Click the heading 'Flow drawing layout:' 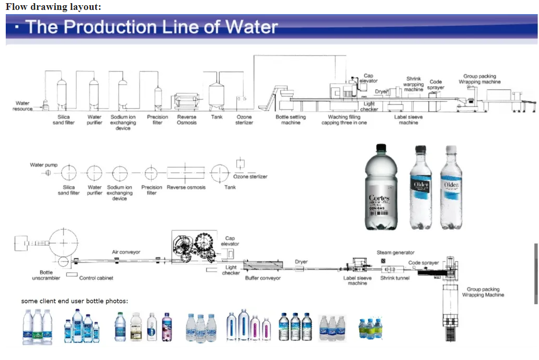click(x=53, y=6)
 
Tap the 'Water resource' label click(x=22, y=106)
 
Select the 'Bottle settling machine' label click(x=291, y=120)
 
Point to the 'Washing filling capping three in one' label click(x=344, y=120)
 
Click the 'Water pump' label click(x=44, y=165)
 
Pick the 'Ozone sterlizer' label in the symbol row click(x=250, y=177)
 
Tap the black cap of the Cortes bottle click(x=381, y=148)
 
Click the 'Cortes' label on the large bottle click(x=379, y=198)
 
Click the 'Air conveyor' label click(x=126, y=252)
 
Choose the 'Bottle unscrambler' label click(x=46, y=275)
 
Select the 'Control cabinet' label click(x=96, y=278)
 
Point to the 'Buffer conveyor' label click(x=263, y=278)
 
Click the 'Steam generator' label click(x=396, y=253)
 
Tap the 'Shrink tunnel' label click(x=395, y=278)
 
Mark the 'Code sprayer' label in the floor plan click(x=423, y=263)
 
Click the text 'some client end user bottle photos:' click(x=74, y=301)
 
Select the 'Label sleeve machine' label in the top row click(x=408, y=120)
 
